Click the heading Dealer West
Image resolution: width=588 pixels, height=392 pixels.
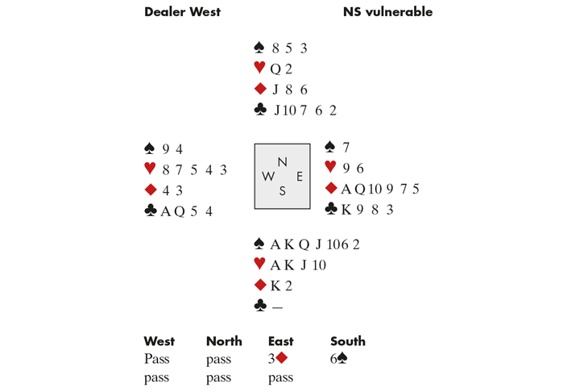tap(182, 12)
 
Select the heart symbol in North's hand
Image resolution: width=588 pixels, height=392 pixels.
tap(259, 69)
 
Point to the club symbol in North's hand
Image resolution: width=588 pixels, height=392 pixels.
tap(259, 111)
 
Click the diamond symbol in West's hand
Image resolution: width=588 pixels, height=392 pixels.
tap(148, 190)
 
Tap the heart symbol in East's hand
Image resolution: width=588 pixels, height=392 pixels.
tap(329, 169)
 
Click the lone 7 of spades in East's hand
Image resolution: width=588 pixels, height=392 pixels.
tap(346, 148)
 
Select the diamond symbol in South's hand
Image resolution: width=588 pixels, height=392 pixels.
tap(259, 285)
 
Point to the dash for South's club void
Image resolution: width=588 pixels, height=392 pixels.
tap(275, 306)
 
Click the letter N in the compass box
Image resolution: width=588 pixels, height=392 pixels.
tap(282, 161)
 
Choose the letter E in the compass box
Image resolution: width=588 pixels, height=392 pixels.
tap(299, 176)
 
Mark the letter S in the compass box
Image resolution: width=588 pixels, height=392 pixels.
tap(282, 191)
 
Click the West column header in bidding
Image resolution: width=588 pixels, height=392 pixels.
tap(159, 341)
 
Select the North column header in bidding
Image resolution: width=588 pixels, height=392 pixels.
tap(224, 341)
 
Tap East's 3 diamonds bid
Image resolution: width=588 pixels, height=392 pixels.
tap(277, 360)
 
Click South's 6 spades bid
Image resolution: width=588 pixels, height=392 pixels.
tap(340, 360)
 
